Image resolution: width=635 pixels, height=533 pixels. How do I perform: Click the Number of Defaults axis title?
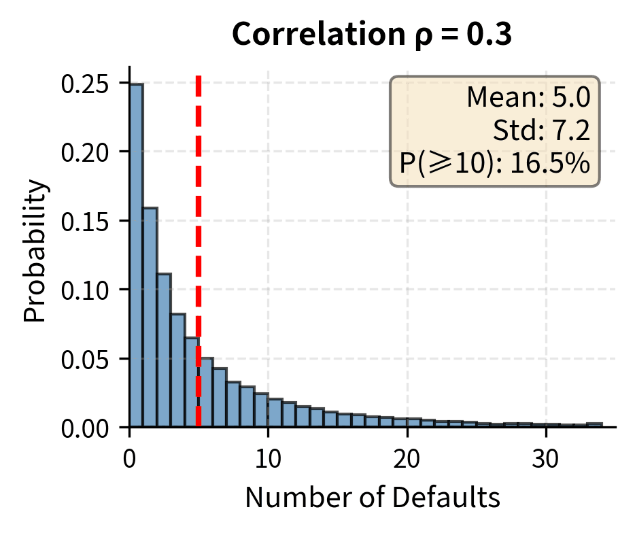[373, 499]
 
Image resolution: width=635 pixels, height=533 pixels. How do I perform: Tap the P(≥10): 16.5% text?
[495, 164]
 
